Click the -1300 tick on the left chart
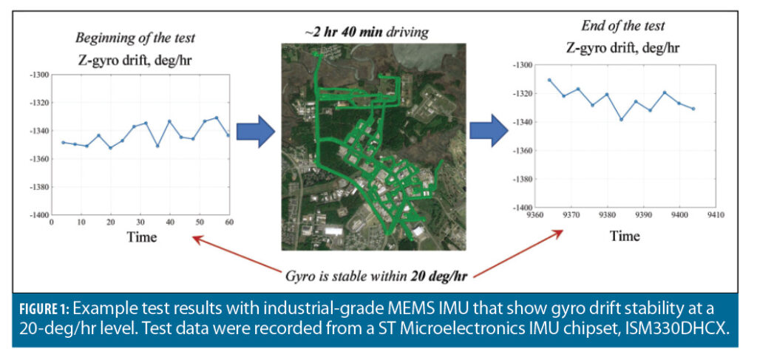coord(38,75)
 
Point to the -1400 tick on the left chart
coord(38,215)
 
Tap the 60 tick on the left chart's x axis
coord(229,222)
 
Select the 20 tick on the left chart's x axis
coord(110,222)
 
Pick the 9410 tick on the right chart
coord(714,215)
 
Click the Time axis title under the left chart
coord(141,237)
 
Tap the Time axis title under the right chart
coord(625,236)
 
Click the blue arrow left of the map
coord(255,131)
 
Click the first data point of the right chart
coord(549,80)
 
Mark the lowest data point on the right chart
coord(622,119)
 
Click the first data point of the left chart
coord(63,143)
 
